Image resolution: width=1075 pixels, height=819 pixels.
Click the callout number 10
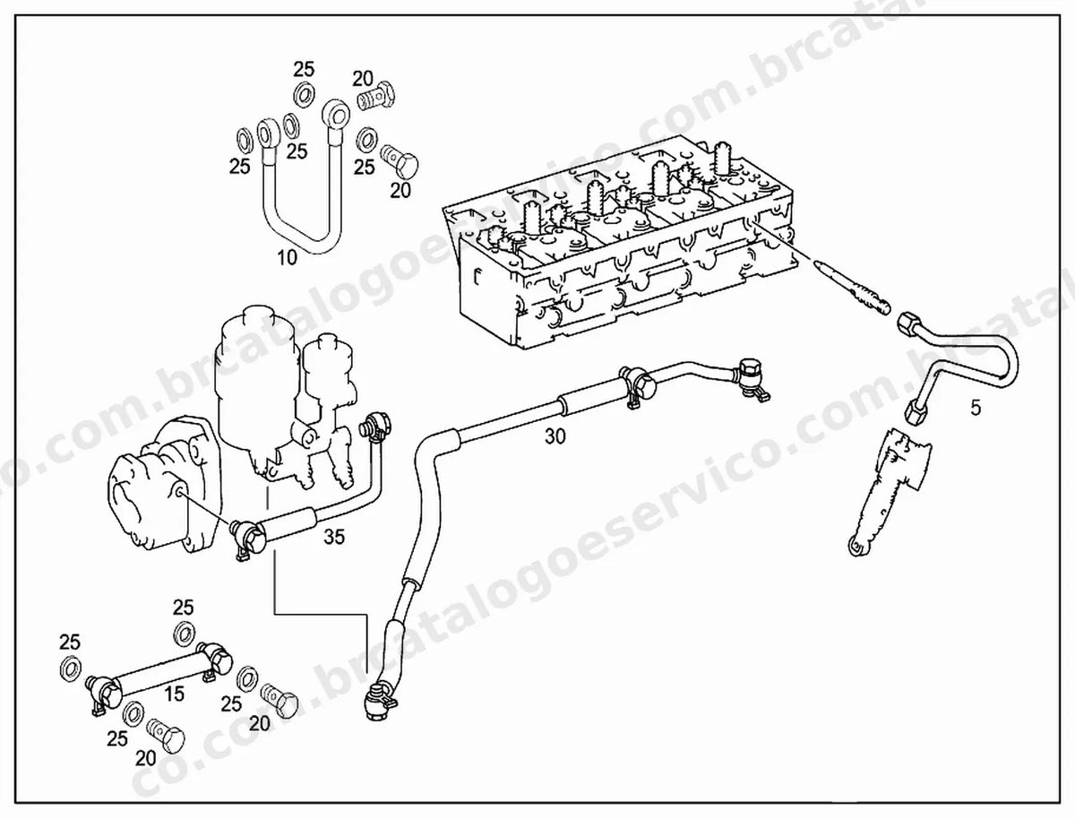tap(287, 257)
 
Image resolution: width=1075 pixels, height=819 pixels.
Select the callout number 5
tap(976, 408)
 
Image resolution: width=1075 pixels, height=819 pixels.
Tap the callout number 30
tap(555, 436)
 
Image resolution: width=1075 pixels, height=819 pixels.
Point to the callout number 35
tap(334, 538)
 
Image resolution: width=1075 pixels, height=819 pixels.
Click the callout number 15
tap(174, 694)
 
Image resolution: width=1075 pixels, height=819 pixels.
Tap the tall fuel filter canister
tap(257, 387)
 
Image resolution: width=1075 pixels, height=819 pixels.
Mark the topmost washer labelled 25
tap(304, 95)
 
